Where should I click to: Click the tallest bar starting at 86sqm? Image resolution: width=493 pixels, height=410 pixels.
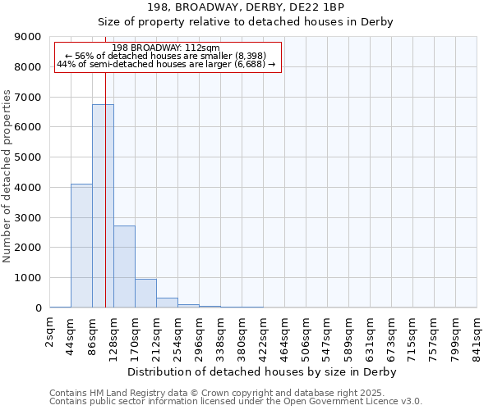[103, 205]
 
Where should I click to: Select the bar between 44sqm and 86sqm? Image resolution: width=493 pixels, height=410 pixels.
[81, 246]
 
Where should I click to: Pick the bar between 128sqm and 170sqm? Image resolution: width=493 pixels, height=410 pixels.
[124, 266]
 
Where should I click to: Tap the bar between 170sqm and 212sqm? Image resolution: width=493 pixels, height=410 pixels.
[145, 294]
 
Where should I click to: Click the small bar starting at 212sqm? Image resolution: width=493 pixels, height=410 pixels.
[167, 303]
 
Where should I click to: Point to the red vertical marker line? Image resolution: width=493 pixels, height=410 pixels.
[106, 164]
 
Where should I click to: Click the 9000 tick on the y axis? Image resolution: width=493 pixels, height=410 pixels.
[27, 37]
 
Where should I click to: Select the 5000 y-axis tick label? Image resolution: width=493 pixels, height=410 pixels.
[27, 157]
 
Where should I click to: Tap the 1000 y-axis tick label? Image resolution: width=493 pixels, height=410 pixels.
[27, 278]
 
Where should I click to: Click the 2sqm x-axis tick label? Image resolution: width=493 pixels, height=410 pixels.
[50, 332]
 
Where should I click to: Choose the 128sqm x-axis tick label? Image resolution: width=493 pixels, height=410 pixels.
[114, 335]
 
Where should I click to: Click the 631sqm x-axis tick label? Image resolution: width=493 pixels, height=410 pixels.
[371, 335]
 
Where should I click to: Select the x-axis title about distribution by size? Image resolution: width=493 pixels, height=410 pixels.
[263, 371]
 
